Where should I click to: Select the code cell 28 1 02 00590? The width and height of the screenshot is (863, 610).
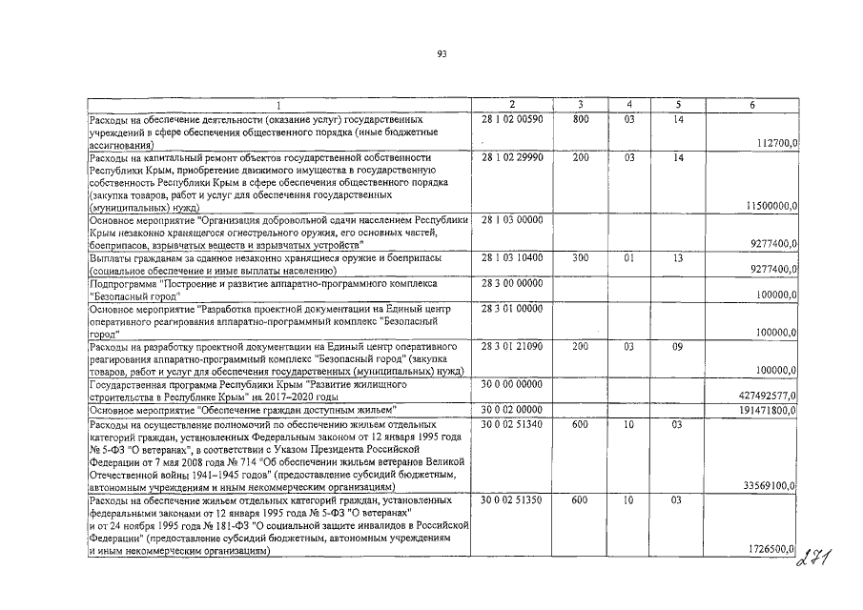click(512, 119)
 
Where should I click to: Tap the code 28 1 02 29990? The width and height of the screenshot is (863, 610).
click(512, 156)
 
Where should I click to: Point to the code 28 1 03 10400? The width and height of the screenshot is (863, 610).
click(512, 258)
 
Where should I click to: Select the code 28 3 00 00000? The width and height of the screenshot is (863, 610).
click(512, 283)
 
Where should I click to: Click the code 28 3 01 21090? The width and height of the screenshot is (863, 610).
click(512, 345)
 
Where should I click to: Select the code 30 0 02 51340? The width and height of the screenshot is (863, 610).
click(512, 423)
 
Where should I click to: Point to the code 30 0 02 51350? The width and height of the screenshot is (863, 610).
click(512, 498)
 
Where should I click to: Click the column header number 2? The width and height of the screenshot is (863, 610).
click(512, 105)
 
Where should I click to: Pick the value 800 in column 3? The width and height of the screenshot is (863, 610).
click(581, 119)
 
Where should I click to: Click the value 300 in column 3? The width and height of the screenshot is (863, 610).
click(581, 258)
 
